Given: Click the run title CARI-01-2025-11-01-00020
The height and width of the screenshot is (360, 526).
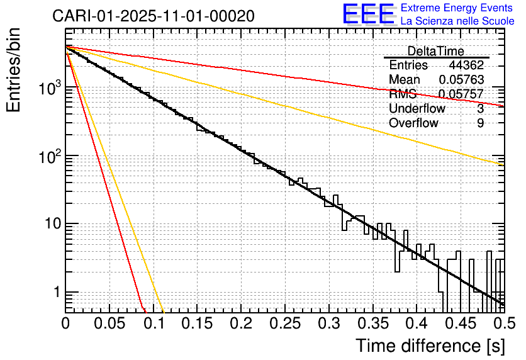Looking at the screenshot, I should click(x=154, y=16).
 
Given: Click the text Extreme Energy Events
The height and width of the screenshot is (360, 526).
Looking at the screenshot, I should click(x=457, y=8).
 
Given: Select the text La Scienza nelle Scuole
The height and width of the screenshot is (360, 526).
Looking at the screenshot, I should click(x=457, y=21).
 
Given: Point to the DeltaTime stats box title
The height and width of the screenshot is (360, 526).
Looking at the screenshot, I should click(x=435, y=51).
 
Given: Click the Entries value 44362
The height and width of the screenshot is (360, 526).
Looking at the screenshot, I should click(x=466, y=65).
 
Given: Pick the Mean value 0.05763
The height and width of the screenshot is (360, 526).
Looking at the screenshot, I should click(x=461, y=80).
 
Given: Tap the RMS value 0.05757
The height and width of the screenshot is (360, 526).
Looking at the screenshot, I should click(x=461, y=94).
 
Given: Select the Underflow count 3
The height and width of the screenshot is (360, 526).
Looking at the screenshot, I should click(x=480, y=109).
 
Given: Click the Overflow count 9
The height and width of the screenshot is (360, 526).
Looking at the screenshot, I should click(x=480, y=123).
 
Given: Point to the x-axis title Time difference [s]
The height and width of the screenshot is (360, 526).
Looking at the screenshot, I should click(x=429, y=346).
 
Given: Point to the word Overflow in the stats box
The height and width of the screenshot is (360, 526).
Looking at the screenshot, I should click(x=413, y=123).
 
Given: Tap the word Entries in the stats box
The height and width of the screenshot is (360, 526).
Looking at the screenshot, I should click(x=408, y=65).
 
